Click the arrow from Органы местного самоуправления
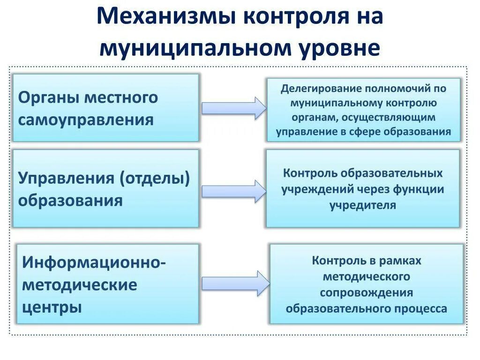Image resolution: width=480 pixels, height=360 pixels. (233, 108)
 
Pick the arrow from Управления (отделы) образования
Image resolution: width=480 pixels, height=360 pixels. (233, 191)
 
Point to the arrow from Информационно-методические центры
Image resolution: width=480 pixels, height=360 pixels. (235, 283)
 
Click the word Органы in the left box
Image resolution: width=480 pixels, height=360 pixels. (47, 98)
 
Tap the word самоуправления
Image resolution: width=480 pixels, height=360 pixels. (86, 120)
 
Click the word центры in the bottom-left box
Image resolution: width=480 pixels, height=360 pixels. (52, 307)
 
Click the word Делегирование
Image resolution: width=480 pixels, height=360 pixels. (315, 89)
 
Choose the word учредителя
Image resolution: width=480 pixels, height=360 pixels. (363, 205)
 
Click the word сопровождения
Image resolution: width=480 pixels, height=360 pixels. (367, 292)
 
